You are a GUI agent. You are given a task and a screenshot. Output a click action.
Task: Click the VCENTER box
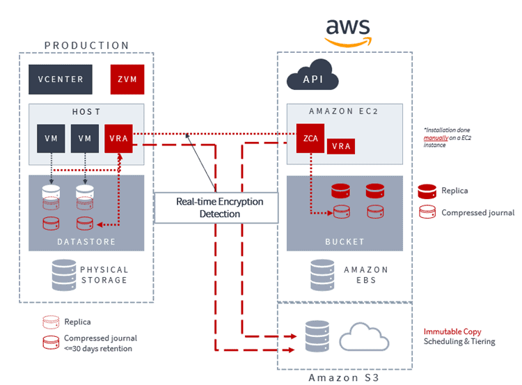click(60, 79)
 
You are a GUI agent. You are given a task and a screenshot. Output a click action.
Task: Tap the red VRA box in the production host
click(119, 138)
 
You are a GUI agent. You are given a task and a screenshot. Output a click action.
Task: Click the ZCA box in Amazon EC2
click(310, 138)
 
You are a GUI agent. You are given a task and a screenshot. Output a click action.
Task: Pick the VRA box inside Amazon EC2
click(341, 146)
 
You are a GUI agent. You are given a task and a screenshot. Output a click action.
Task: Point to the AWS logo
click(348, 31)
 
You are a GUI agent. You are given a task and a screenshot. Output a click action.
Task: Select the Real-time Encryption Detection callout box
click(216, 207)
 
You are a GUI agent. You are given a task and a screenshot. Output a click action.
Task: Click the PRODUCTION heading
click(87, 45)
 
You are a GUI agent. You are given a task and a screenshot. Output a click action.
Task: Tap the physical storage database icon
click(64, 274)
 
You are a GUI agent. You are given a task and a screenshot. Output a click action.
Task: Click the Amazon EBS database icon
click(322, 274)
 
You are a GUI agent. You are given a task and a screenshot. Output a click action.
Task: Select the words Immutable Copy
click(452, 331)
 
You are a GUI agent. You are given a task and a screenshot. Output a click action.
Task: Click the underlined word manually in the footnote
click(435, 139)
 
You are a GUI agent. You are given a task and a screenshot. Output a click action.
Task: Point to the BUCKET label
click(345, 242)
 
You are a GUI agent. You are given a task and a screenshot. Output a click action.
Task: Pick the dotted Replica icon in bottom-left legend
click(49, 322)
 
